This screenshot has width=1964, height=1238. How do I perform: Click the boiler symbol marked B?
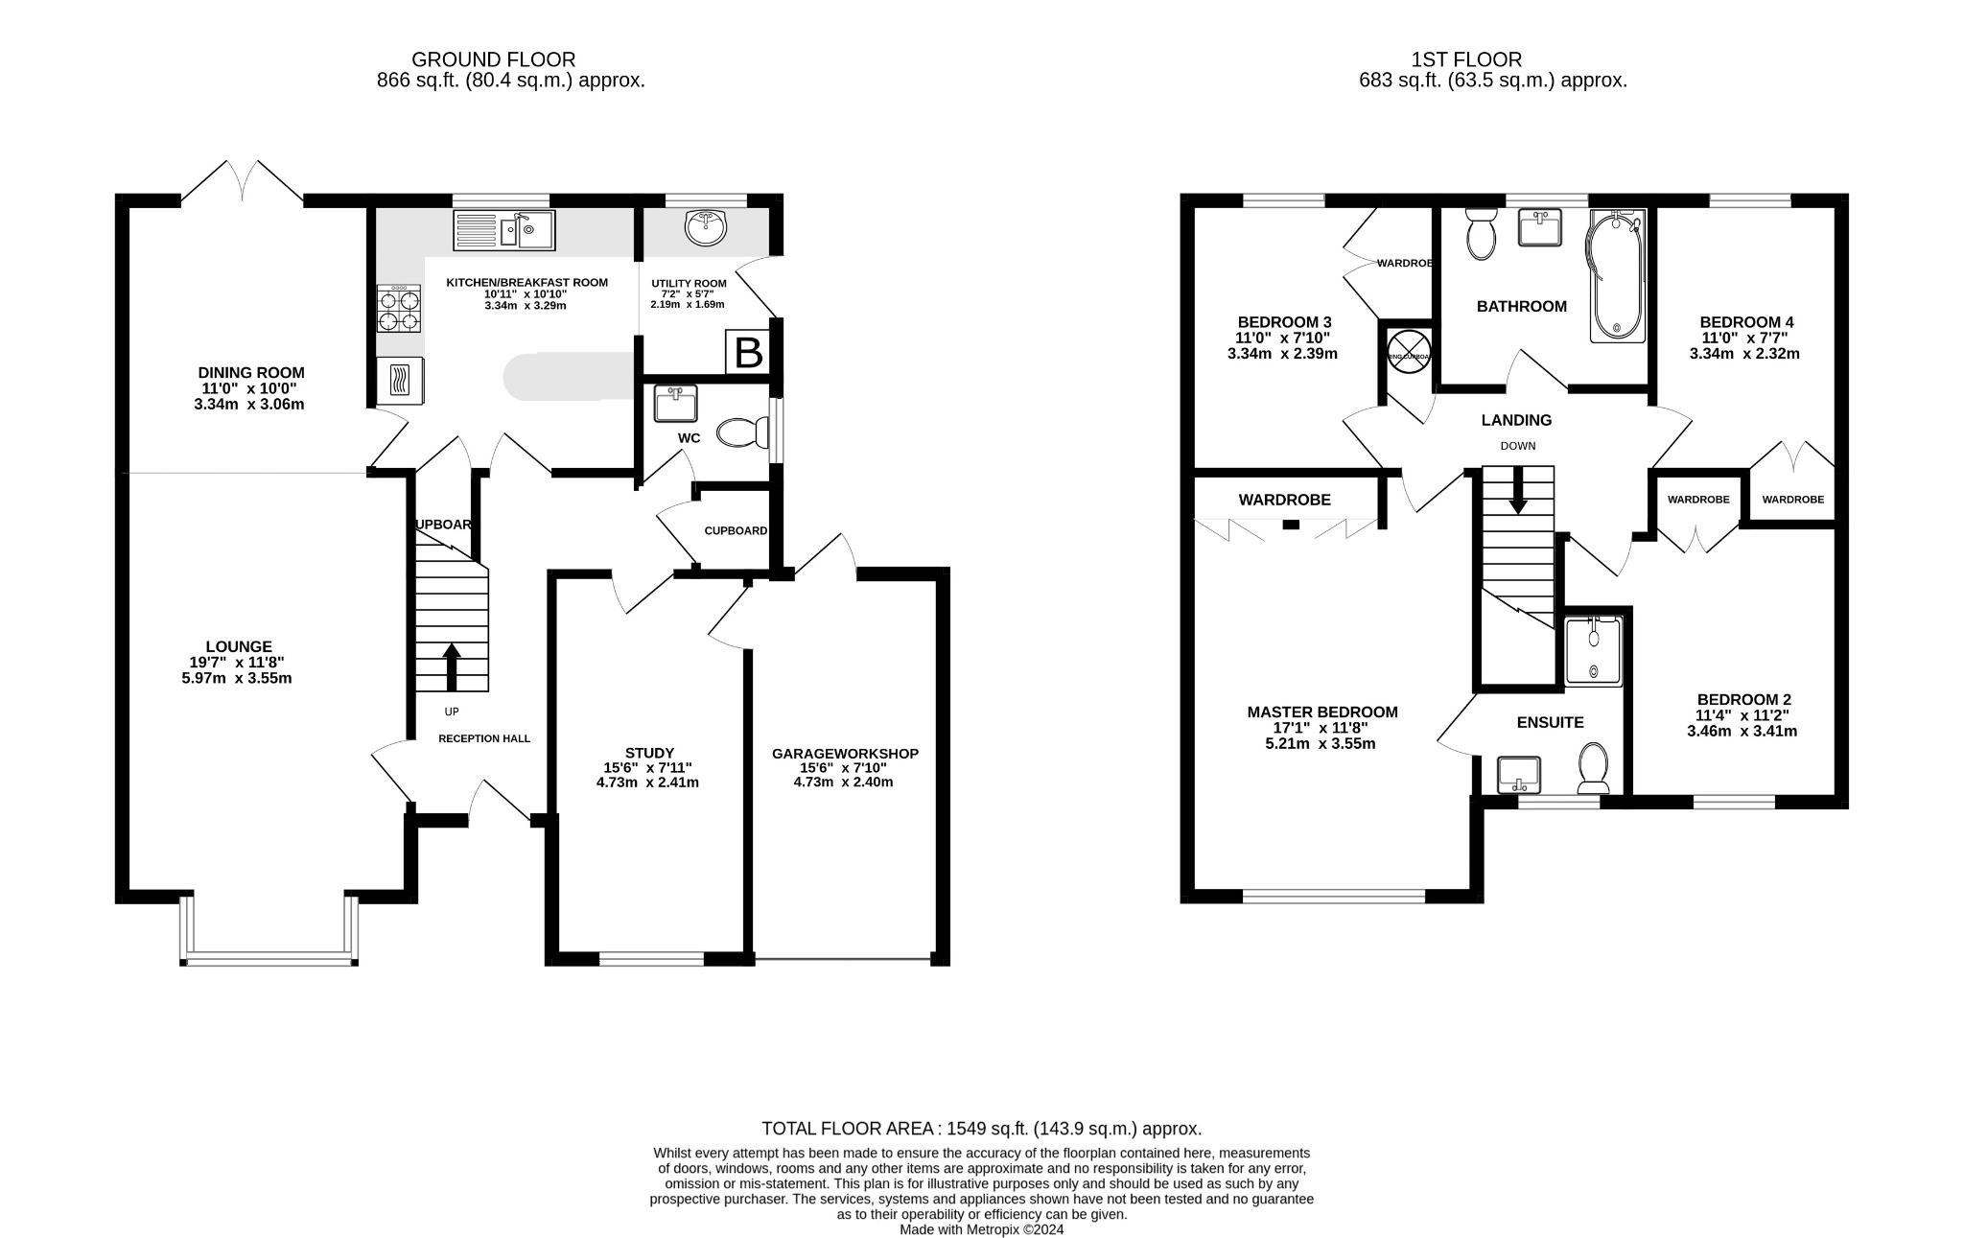pyautogui.click(x=748, y=352)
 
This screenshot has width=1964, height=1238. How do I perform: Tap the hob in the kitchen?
pyautogui.click(x=399, y=309)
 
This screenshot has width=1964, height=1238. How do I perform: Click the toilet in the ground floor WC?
pyautogui.click(x=744, y=432)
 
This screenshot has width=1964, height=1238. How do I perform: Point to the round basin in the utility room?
pyautogui.click(x=707, y=228)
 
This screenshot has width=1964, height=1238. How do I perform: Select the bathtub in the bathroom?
pyautogui.click(x=1617, y=276)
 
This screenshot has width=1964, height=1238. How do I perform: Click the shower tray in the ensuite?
pyautogui.click(x=1593, y=651)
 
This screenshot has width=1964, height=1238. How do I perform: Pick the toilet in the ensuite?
pyautogui.click(x=1594, y=767)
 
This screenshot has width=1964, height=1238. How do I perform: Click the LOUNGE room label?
pyautogui.click(x=239, y=647)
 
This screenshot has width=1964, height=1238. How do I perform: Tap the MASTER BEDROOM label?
pyautogui.click(x=1321, y=712)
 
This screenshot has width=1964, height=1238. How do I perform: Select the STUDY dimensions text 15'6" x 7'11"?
pyautogui.click(x=647, y=768)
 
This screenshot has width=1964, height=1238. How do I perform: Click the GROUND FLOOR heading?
pyautogui.click(x=493, y=60)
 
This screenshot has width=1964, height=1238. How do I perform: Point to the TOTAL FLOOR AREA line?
pyautogui.click(x=981, y=1129)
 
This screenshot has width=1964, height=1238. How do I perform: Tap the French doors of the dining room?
pyautogui.click(x=243, y=182)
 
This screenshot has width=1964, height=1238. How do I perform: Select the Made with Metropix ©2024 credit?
pyautogui.click(x=981, y=1229)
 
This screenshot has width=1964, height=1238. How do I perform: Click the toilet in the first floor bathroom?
pyautogui.click(x=1481, y=233)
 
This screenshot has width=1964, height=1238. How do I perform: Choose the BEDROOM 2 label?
pyautogui.click(x=1743, y=700)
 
